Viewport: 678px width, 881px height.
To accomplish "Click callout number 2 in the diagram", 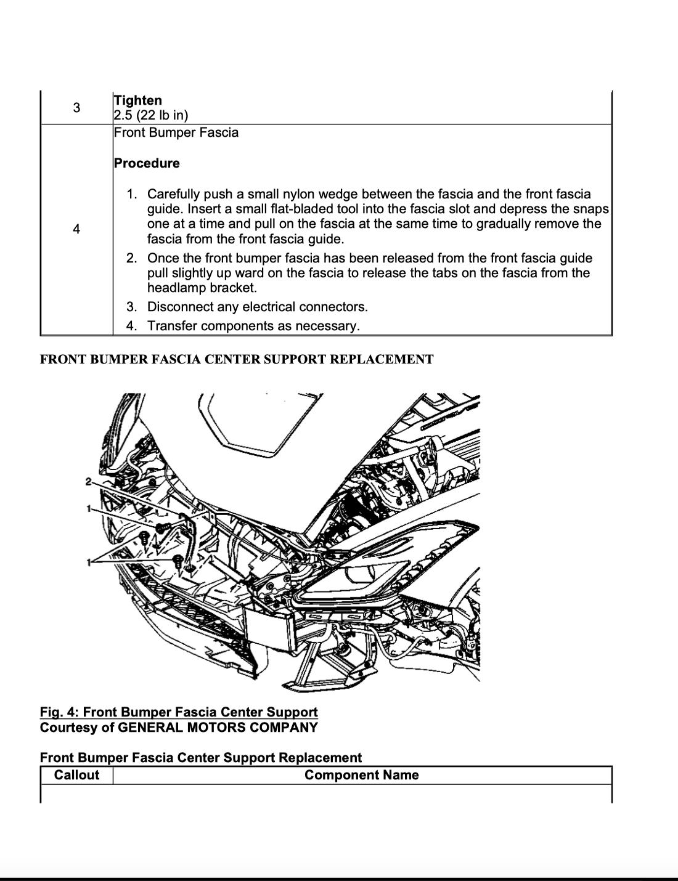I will point(89,481).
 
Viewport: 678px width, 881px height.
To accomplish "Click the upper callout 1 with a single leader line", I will point(89,509).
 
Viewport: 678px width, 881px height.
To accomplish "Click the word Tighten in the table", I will point(137,100).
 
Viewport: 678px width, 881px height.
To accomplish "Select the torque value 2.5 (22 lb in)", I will point(151,115).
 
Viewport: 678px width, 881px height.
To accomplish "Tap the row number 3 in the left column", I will point(76,108).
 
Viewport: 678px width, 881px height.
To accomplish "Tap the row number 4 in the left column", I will point(76,229).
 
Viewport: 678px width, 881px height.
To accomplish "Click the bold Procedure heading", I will point(147,163).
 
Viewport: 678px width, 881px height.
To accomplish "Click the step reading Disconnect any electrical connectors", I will point(257,307).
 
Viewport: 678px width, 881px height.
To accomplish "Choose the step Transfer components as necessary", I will point(253,326).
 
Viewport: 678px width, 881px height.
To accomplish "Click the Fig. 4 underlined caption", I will point(179,712).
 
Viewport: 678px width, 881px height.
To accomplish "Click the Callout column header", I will point(76,775).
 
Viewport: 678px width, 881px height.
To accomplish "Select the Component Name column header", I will point(361,775).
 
